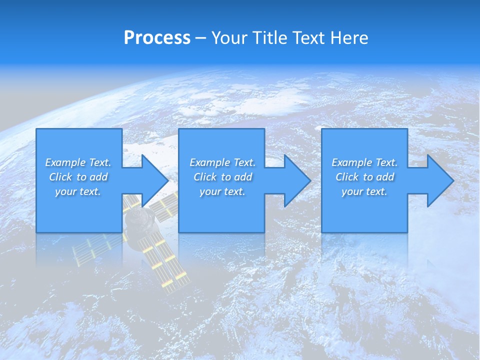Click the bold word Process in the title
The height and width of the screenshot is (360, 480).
[157, 38]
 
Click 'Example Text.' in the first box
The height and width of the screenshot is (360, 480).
[78, 162]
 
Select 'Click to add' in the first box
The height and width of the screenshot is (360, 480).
[78, 177]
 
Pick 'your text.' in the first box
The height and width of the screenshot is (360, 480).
[78, 191]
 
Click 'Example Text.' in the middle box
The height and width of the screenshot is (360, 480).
[222, 162]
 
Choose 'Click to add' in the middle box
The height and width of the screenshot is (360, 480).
[222, 177]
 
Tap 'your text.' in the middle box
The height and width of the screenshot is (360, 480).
[222, 191]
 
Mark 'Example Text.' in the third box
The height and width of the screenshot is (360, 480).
[364, 162]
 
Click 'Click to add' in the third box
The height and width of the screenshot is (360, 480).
[364, 177]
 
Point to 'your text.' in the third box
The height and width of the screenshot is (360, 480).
[364, 191]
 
